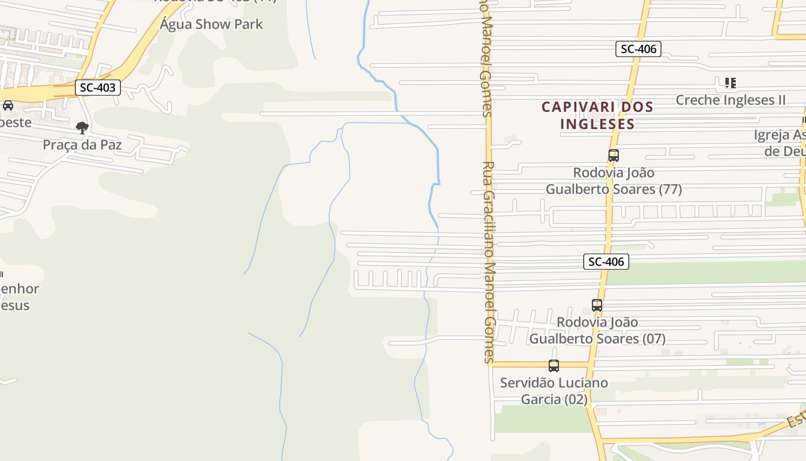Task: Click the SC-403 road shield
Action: [98, 88]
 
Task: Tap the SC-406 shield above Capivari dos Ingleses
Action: [638, 49]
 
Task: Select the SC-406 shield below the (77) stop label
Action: [606, 262]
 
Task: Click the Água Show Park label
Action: [211, 24]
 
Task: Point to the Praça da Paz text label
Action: [82, 145]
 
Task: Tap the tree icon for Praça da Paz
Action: [82, 127]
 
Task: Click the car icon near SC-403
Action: [8, 105]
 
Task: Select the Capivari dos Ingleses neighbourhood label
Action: [598, 115]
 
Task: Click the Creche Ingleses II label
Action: [730, 100]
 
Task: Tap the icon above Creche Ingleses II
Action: [730, 83]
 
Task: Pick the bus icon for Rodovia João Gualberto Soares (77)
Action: [614, 156]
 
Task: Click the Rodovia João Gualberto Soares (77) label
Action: [614, 181]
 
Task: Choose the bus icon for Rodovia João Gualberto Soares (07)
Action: [597, 305]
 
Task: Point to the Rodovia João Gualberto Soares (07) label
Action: [598, 330]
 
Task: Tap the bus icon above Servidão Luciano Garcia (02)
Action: [554, 365]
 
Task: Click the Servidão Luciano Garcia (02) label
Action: [554, 391]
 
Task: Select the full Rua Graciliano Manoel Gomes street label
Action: [489, 262]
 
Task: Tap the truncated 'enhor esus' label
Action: [18, 297]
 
